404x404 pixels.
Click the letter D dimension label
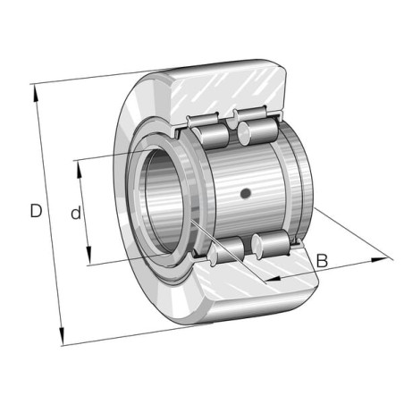pos(36,211)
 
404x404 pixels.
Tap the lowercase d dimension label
pos(76,213)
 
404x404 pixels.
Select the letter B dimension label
pos(322,260)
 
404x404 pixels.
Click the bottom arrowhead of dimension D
pos(62,336)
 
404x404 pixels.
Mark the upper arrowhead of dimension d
pos(80,170)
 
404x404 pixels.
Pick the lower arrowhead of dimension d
pos(88,256)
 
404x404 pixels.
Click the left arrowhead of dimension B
pos(273,279)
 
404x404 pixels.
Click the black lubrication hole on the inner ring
pos(246,194)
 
